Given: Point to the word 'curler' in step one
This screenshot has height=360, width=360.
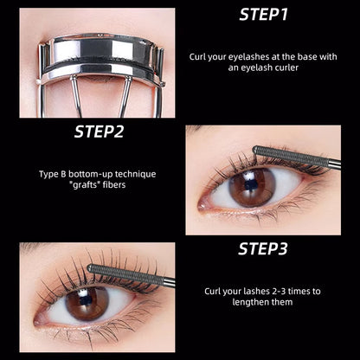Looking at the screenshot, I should point(292,68).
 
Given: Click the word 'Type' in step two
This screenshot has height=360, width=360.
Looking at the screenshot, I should point(46,174).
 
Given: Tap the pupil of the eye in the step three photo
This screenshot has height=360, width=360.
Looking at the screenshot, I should point(87,302).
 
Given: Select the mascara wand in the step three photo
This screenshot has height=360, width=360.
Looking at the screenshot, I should point(130,275).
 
